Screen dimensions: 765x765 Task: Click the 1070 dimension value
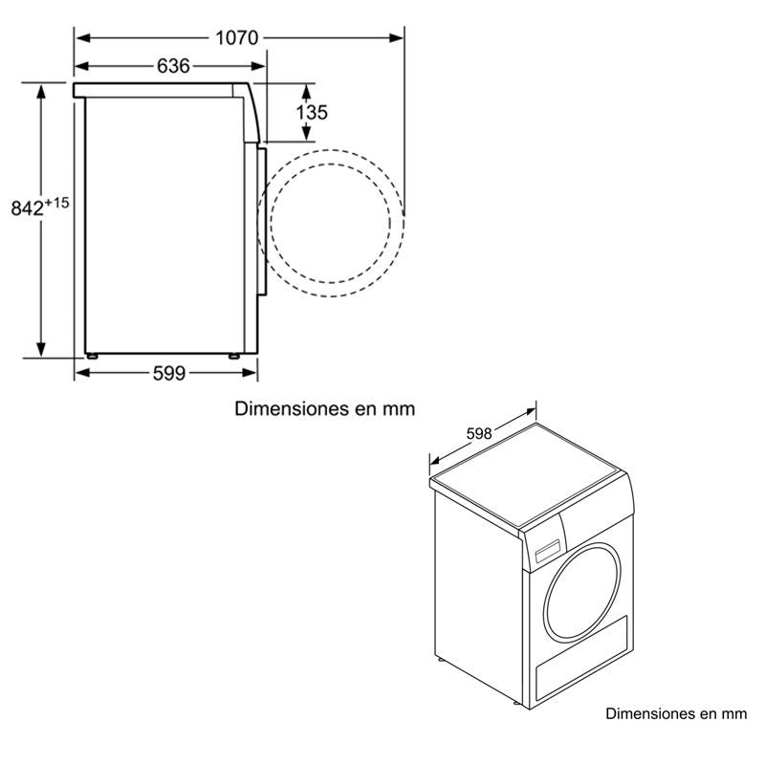point(237,37)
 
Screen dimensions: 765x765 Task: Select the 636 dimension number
point(173,66)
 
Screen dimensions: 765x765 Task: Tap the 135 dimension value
point(312,112)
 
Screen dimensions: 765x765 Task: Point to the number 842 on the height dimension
point(28,208)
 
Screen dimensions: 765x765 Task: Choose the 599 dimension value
point(168,373)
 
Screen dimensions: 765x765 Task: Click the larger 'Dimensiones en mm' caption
point(325,409)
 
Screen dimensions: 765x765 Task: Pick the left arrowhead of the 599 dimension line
point(80,373)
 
